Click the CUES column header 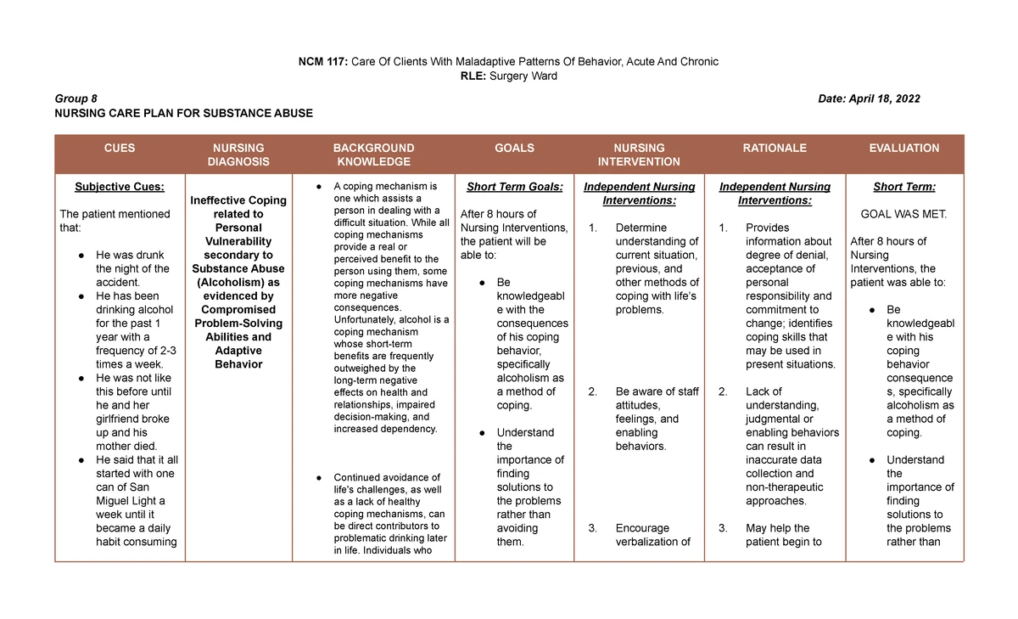(120, 148)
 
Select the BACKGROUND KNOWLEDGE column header (373, 155)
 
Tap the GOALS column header (514, 148)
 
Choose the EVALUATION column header (903, 148)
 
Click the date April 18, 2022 (869, 98)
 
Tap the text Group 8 (76, 98)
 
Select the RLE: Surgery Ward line (508, 76)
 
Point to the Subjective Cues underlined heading (120, 187)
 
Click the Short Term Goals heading (514, 187)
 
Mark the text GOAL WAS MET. (903, 214)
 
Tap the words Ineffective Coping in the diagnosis (238, 200)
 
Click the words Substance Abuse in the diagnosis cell (238, 268)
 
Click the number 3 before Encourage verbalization (592, 528)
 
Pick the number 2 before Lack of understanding (723, 391)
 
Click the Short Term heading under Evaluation (903, 187)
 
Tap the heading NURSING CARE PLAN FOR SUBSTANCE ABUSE (183, 113)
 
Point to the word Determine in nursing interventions (641, 228)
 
